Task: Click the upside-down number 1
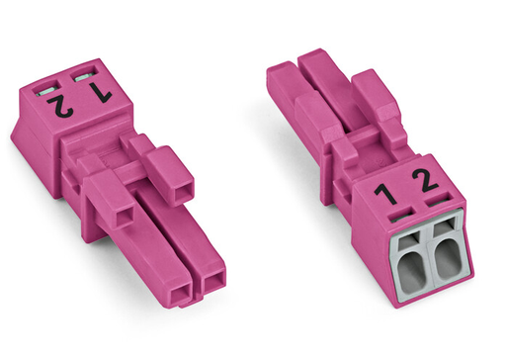click(101, 92)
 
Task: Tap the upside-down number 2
click(60, 106)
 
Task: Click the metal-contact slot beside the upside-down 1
click(83, 77)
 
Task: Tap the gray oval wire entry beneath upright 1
click(411, 270)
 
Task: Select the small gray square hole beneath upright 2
click(443, 226)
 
